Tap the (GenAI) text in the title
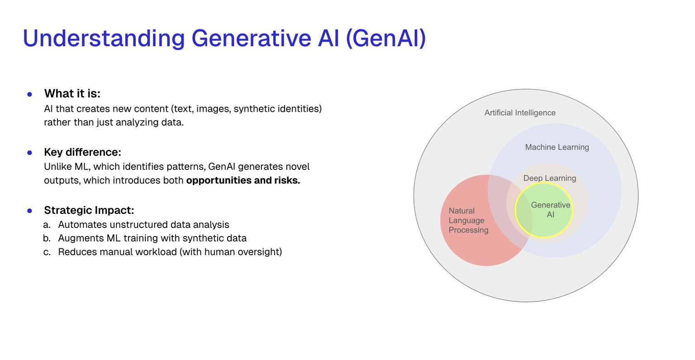[386, 38]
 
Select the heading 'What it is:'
[72, 94]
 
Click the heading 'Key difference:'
[82, 152]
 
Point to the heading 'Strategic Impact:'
[89, 210]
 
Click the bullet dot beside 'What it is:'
[30, 95]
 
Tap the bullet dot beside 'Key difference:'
[30, 153]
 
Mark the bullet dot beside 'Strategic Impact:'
[30, 211]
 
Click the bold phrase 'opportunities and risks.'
[243, 180]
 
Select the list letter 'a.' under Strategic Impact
[47, 225]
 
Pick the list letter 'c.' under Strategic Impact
[47, 252]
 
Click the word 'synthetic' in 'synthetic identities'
[253, 109]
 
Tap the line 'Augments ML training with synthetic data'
[152, 238]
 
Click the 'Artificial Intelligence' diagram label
[520, 113]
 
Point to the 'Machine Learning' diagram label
[557, 147]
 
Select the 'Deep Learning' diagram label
[550, 178]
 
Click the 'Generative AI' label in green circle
[550, 210]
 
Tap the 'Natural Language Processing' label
[468, 220]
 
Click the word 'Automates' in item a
[80, 225]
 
